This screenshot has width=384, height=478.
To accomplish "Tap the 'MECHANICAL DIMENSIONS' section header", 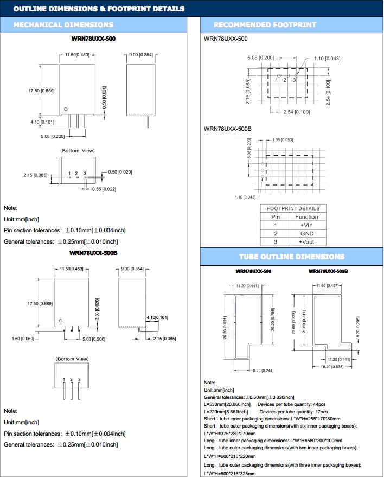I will click(x=63, y=25).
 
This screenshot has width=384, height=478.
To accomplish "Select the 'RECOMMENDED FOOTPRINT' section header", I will click(x=265, y=25).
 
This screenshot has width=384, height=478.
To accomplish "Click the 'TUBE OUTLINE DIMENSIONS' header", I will click(x=292, y=257).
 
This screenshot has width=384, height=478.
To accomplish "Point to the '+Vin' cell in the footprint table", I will click(x=306, y=225).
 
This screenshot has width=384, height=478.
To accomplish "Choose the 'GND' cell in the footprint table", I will click(x=306, y=233).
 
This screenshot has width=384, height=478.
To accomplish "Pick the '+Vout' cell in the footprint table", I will click(x=306, y=241).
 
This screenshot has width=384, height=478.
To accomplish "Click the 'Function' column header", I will click(x=306, y=216).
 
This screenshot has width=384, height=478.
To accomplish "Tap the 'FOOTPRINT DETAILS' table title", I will click(x=293, y=208).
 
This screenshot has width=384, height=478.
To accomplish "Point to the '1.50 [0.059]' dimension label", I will click(x=23, y=339).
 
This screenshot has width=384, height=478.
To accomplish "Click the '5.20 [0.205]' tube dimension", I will click(x=357, y=326).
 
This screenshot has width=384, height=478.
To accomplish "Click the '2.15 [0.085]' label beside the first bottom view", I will click(x=35, y=175).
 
